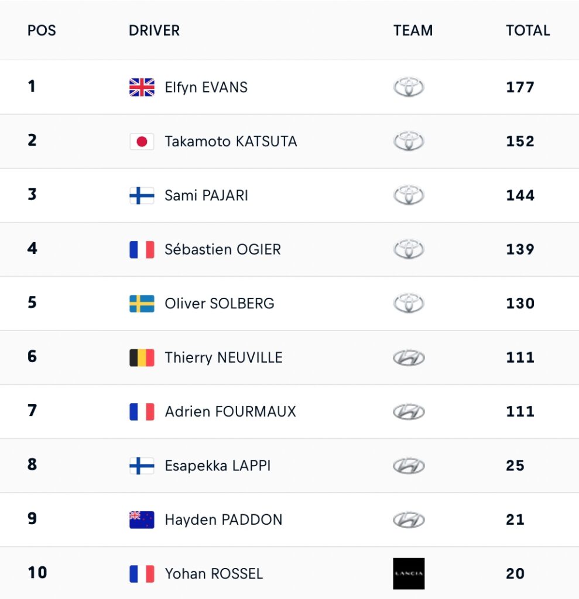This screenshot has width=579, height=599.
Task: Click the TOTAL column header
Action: click(527, 30)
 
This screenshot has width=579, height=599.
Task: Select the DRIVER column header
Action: click(154, 30)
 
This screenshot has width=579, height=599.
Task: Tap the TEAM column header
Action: click(413, 30)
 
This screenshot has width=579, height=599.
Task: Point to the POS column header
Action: click(42, 30)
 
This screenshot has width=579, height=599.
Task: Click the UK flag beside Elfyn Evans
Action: click(142, 87)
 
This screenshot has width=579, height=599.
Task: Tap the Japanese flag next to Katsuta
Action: click(142, 142)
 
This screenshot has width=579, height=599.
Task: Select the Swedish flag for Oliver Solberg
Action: click(142, 304)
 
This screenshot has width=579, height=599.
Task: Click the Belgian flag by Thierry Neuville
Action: click(142, 357)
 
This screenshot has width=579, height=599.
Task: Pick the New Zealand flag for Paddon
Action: click(142, 520)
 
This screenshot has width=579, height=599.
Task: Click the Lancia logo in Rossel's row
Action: click(409, 573)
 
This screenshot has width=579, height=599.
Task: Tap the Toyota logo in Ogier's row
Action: click(409, 249)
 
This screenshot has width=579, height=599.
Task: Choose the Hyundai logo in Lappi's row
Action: click(409, 466)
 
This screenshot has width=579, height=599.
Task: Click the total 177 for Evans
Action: click(520, 87)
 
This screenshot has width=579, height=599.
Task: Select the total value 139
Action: click(520, 249)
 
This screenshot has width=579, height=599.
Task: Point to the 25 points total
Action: click(515, 466)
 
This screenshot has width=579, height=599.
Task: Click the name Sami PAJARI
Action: click(207, 195)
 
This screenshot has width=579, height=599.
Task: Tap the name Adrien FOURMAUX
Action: click(231, 411)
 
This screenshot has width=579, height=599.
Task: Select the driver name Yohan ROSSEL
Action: click(214, 574)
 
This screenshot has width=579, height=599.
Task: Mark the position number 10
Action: click(37, 573)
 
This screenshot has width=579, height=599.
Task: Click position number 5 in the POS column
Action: click(32, 302)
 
